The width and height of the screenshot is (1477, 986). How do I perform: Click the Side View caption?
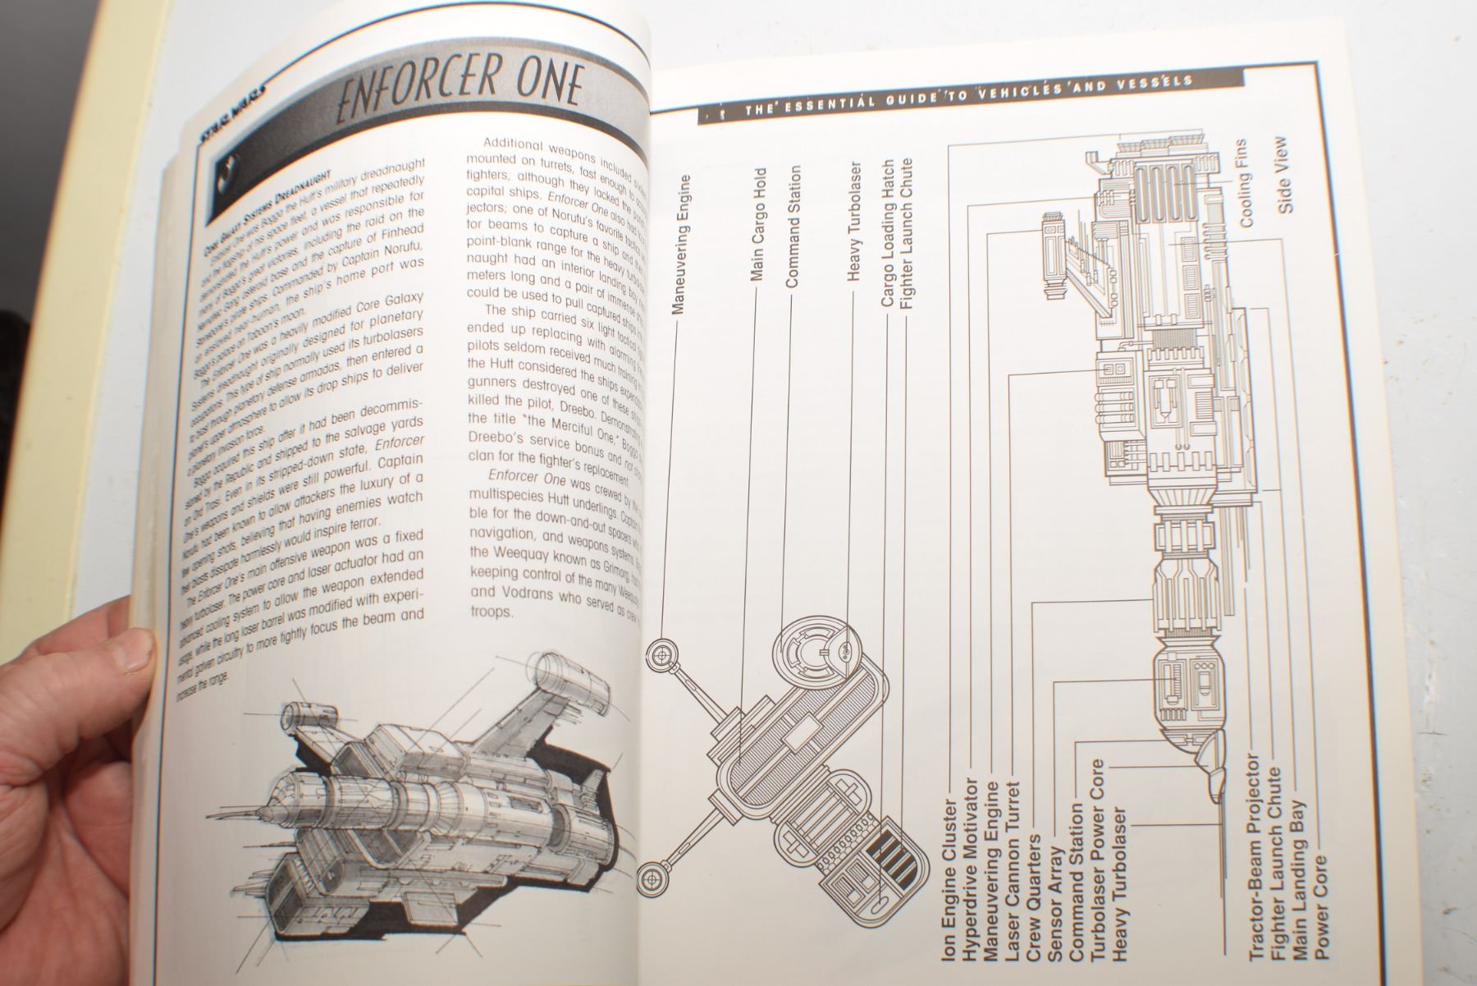point(1285,176)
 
